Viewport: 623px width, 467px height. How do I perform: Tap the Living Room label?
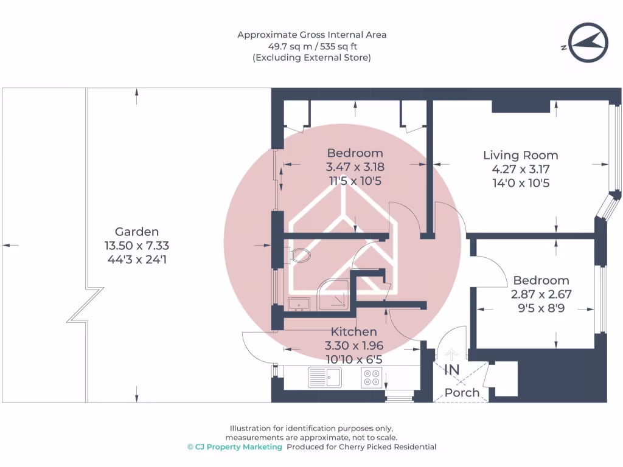click(x=521, y=155)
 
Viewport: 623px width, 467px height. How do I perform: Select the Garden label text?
click(x=137, y=232)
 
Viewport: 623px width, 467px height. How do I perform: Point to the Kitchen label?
click(x=353, y=331)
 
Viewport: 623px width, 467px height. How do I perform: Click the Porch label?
click(x=462, y=393)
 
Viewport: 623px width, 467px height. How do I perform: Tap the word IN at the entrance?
click(x=452, y=370)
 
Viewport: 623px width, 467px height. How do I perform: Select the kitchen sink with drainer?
click(x=325, y=377)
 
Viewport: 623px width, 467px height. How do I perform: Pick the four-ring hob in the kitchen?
click(x=372, y=377)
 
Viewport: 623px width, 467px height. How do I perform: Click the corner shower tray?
click(x=333, y=295)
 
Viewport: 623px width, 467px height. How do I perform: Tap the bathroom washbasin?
click(x=299, y=304)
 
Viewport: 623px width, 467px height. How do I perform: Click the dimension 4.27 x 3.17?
click(x=521, y=169)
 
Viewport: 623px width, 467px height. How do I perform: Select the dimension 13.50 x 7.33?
click(x=137, y=246)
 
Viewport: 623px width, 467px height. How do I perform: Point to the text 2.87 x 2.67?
click(x=541, y=294)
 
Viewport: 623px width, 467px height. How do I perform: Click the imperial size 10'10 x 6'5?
click(x=354, y=359)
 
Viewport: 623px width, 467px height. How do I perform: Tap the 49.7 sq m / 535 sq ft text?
click(x=312, y=46)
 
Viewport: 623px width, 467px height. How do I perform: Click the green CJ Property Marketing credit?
click(x=235, y=447)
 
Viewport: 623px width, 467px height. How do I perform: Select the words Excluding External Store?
click(x=312, y=58)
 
